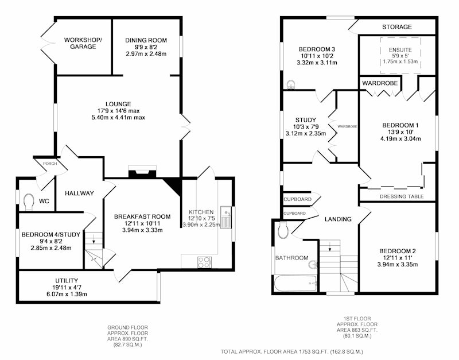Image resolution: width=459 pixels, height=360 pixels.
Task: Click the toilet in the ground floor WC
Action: click(28, 202)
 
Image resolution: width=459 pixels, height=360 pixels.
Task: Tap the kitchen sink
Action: click(225, 218)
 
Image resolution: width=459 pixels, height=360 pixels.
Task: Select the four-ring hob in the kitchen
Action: click(204, 262)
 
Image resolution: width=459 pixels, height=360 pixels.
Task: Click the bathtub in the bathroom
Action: click(296, 284)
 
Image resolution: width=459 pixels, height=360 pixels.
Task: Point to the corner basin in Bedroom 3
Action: click(291, 85)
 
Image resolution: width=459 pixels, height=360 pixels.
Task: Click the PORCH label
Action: click(50, 164)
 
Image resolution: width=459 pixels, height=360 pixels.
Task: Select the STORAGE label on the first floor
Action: click(397, 27)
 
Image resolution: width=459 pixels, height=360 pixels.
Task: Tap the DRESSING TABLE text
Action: click(402, 196)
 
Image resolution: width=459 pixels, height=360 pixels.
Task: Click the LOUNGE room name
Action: click(118, 104)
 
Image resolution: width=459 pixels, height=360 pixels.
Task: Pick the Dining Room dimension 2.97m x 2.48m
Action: click(146, 54)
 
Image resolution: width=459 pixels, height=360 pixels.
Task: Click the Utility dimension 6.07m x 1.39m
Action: click(67, 294)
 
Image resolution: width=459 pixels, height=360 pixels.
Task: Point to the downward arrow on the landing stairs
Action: click(329, 247)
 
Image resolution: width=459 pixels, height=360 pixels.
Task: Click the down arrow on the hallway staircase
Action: click(94, 239)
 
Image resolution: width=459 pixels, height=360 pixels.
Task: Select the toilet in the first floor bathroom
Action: click(283, 230)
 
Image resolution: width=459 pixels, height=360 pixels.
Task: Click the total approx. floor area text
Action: click(292, 351)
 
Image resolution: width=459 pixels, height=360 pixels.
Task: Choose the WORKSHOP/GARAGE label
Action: click(83, 44)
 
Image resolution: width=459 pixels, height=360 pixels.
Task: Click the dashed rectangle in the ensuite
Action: click(400, 55)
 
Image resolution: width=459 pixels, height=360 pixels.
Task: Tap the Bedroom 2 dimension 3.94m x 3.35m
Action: click(398, 265)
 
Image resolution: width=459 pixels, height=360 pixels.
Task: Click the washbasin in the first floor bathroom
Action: click(313, 264)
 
